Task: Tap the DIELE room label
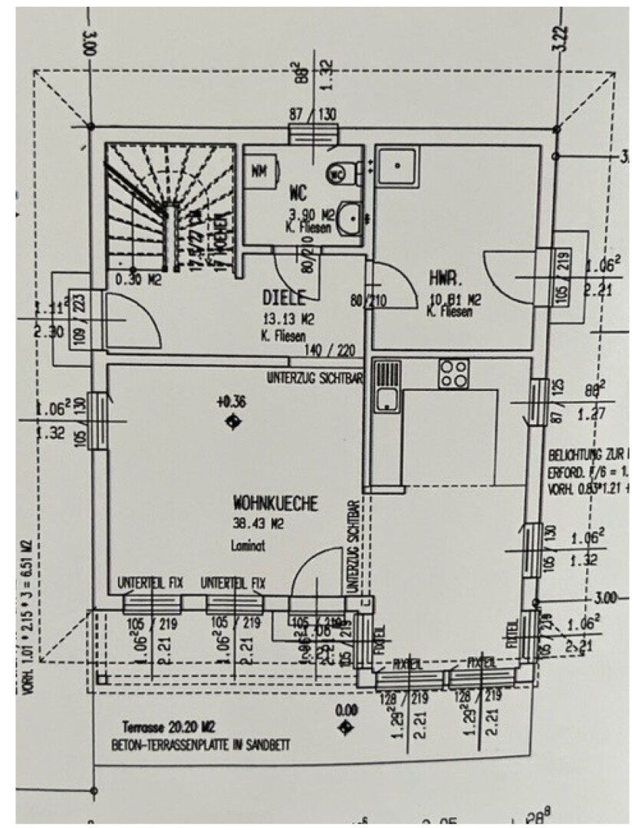(285, 297)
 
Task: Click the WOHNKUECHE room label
(275, 504)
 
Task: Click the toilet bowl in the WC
(337, 174)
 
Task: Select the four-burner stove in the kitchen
(453, 373)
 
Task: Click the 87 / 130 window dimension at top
(313, 114)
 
